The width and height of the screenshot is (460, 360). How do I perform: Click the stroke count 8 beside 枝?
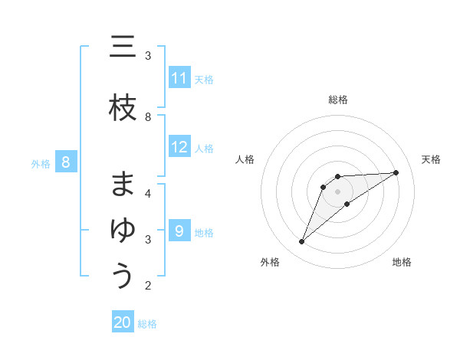click(x=148, y=116)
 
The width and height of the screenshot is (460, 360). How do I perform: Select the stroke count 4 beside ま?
click(x=148, y=192)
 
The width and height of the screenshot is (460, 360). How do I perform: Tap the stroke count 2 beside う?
click(x=148, y=286)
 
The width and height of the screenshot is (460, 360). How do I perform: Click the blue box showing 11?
click(x=179, y=78)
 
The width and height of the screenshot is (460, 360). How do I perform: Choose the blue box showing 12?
click(x=179, y=147)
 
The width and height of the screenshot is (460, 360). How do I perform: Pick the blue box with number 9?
click(x=179, y=231)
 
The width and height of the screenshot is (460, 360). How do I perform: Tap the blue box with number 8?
click(x=66, y=162)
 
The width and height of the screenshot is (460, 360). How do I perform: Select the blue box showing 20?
click(x=123, y=322)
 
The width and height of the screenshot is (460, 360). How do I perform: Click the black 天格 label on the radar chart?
click(x=431, y=159)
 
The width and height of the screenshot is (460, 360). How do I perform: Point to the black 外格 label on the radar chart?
click(x=270, y=262)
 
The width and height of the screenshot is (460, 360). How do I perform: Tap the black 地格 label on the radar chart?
click(x=402, y=262)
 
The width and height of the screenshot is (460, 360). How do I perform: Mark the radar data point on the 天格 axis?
click(x=396, y=172)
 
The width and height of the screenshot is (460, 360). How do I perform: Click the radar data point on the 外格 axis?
click(x=302, y=242)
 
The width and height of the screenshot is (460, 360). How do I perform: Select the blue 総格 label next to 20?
click(x=147, y=324)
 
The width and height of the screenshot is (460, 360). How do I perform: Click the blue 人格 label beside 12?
click(x=204, y=149)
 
